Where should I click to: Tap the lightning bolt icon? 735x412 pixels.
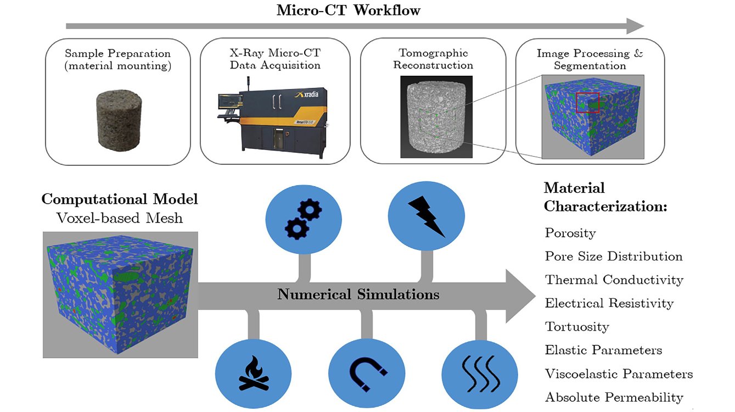pos(427,218)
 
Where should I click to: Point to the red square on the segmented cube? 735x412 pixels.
pos(587,102)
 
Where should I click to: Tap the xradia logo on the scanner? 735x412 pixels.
pos(313,95)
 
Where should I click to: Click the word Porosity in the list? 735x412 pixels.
pos(570,233)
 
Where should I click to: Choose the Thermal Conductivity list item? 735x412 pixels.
pos(614,280)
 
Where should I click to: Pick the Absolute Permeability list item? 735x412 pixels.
pos(614,398)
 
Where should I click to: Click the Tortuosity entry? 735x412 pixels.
pos(576,327)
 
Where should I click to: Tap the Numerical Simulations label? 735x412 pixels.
pos(358,295)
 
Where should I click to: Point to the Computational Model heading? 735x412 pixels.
pos(120,199)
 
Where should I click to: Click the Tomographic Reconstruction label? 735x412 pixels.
pos(434,59)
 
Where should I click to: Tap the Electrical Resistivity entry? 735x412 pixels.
pos(609,304)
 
